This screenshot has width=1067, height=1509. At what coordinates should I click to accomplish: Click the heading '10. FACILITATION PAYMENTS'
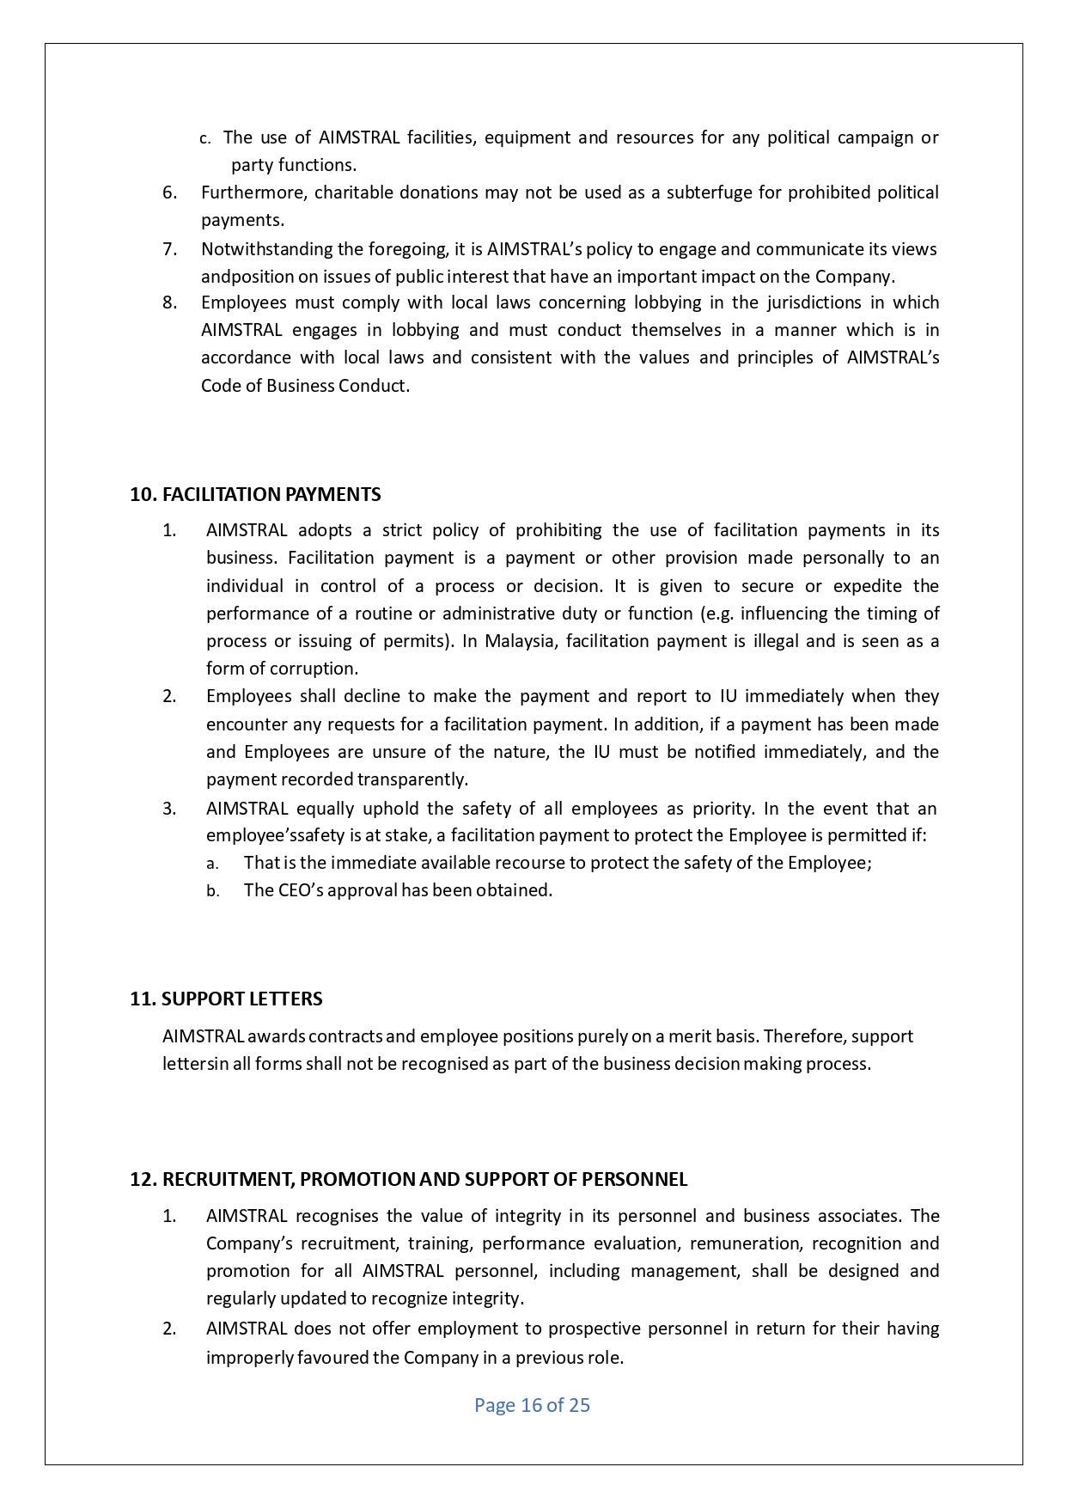click(x=255, y=495)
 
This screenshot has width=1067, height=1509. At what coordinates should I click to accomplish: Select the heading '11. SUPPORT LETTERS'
click(x=226, y=999)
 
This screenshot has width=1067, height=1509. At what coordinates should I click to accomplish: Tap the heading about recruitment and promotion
click(x=408, y=1180)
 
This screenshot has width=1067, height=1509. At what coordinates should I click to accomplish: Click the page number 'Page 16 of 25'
click(x=532, y=1406)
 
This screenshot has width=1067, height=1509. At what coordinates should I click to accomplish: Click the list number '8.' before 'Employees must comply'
click(x=170, y=302)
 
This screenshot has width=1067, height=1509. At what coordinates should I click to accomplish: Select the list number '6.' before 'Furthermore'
click(x=170, y=192)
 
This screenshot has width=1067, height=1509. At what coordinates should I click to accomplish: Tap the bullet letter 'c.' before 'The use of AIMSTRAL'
click(x=204, y=138)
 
